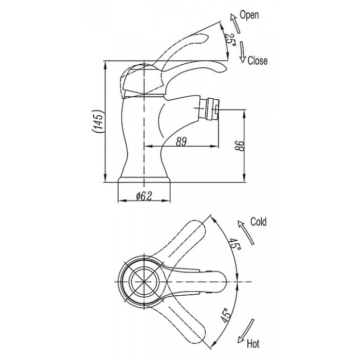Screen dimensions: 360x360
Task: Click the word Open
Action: pyautogui.click(x=249, y=15)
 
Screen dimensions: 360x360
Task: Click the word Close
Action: pyautogui.click(x=258, y=61)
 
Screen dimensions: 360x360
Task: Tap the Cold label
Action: pyautogui.click(x=258, y=222)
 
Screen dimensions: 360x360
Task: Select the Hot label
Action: pyautogui.click(x=253, y=344)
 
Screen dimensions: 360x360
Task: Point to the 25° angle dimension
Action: pyautogui.click(x=230, y=40)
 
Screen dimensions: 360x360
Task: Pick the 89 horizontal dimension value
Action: pyautogui.click(x=181, y=141)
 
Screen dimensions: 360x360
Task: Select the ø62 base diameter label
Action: pyautogui.click(x=144, y=196)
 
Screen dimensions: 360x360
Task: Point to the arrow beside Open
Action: pyautogui.click(x=236, y=23)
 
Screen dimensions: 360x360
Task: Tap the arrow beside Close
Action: pyautogui.click(x=242, y=52)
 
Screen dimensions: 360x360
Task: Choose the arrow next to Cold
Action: pyautogui.click(x=246, y=232)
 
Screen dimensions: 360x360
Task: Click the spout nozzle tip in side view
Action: pyautogui.click(x=217, y=110)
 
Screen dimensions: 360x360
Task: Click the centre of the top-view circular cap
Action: pyautogui.click(x=143, y=281)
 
